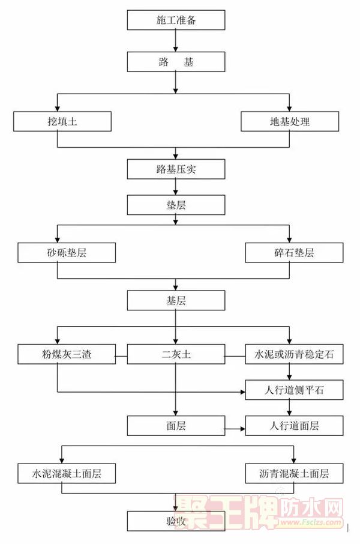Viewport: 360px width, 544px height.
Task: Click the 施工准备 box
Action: pos(176,20)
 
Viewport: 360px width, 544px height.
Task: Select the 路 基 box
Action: pos(176,62)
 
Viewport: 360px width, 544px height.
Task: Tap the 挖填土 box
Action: pos(62,121)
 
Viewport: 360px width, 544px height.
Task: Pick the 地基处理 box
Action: pos(290,121)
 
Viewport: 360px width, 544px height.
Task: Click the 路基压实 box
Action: pos(176,169)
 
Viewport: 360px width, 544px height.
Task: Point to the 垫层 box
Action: pos(176,205)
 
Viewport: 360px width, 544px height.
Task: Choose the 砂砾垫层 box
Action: pos(66,253)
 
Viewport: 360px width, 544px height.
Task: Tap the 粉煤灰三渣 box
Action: pos(66,354)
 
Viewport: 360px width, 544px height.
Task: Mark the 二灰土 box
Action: pos(176,354)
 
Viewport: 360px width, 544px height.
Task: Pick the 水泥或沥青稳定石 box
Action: pos(295,354)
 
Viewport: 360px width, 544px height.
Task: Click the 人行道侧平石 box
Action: pos(295,391)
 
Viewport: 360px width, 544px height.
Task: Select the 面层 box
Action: pos(176,426)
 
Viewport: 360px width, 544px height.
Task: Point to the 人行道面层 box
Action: pos(295,426)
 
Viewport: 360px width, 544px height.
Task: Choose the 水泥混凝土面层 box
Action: pos(66,474)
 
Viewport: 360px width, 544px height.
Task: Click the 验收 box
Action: pos(176,521)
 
